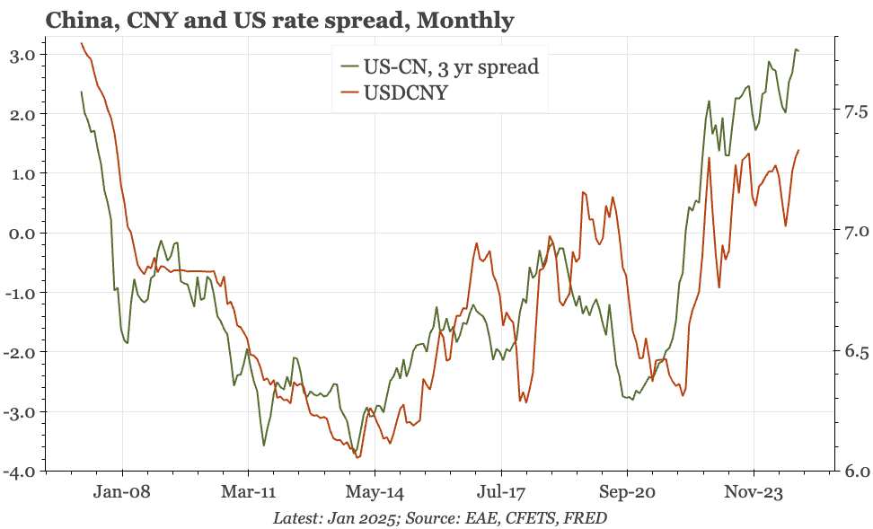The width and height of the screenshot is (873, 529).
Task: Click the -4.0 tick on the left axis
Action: click(x=18, y=472)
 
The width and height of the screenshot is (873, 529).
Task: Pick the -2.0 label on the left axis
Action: click(x=18, y=352)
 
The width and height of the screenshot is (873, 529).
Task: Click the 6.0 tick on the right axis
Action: click(x=854, y=472)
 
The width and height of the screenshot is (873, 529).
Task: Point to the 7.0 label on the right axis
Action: click(x=854, y=232)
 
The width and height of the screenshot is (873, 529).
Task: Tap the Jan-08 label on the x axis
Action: click(x=121, y=492)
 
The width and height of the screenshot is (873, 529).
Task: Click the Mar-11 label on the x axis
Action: click(x=248, y=492)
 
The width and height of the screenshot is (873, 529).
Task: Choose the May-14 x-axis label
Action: click(x=374, y=492)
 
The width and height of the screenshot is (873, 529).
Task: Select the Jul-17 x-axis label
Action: click(x=500, y=492)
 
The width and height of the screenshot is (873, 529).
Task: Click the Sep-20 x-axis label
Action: click(x=626, y=492)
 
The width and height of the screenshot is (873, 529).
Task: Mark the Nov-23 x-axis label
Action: click(x=753, y=492)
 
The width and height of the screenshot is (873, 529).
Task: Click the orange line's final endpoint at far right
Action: click(x=799, y=150)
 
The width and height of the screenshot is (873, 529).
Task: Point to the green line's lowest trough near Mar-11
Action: click(x=264, y=445)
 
